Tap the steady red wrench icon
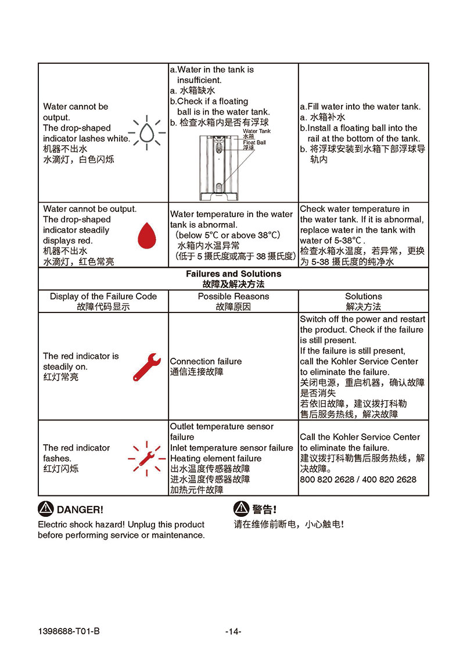[x=146, y=366]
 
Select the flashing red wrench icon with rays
[x=146, y=456]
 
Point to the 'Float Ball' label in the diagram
[x=254, y=142]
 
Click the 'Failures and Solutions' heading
[x=233, y=274]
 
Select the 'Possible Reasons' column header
[x=233, y=296]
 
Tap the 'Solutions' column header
[x=364, y=296]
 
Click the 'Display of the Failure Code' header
[x=103, y=296]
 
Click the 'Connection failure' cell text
[x=206, y=361]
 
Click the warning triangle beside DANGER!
[x=45, y=509]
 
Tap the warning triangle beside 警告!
[x=241, y=509]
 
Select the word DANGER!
[x=80, y=510]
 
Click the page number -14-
[x=233, y=632]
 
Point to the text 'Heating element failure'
[x=215, y=458]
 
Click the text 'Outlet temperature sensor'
[x=221, y=426]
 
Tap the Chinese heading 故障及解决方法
[x=233, y=285]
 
